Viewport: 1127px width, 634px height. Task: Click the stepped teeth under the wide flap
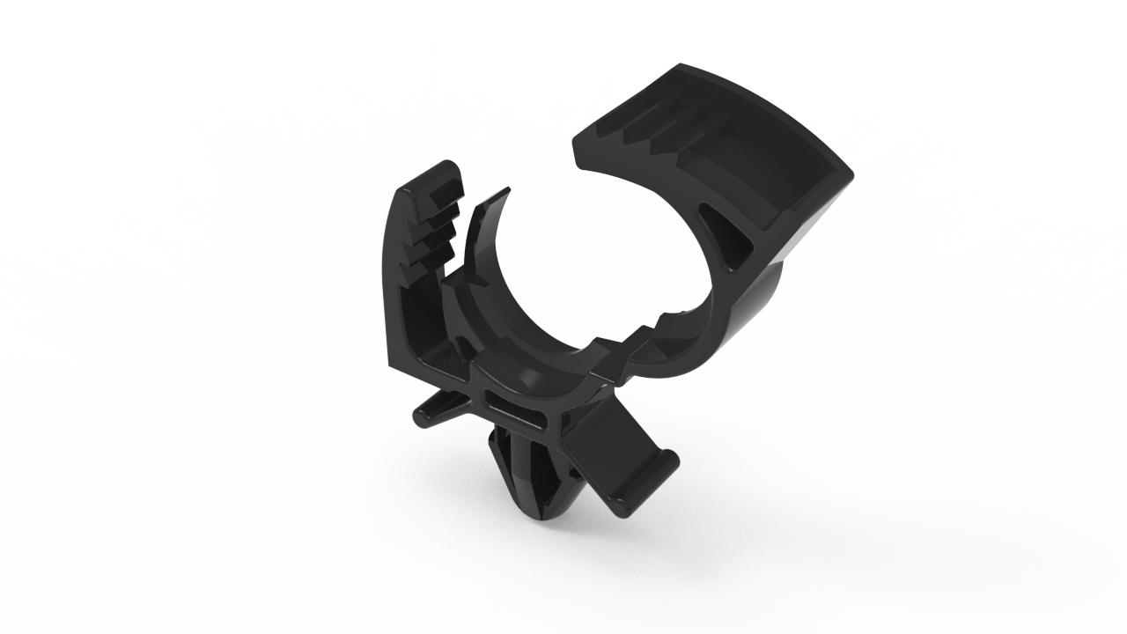656,132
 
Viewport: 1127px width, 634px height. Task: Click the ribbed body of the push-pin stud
528,475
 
